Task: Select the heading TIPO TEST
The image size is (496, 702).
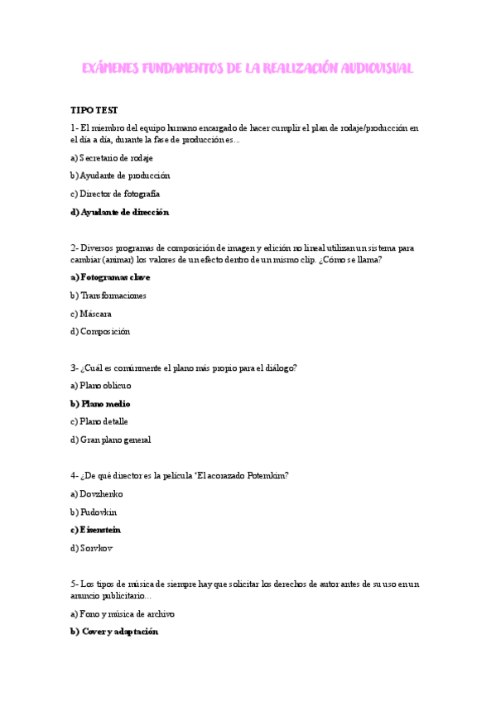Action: (94, 110)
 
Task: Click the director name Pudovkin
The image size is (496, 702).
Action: (95, 512)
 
